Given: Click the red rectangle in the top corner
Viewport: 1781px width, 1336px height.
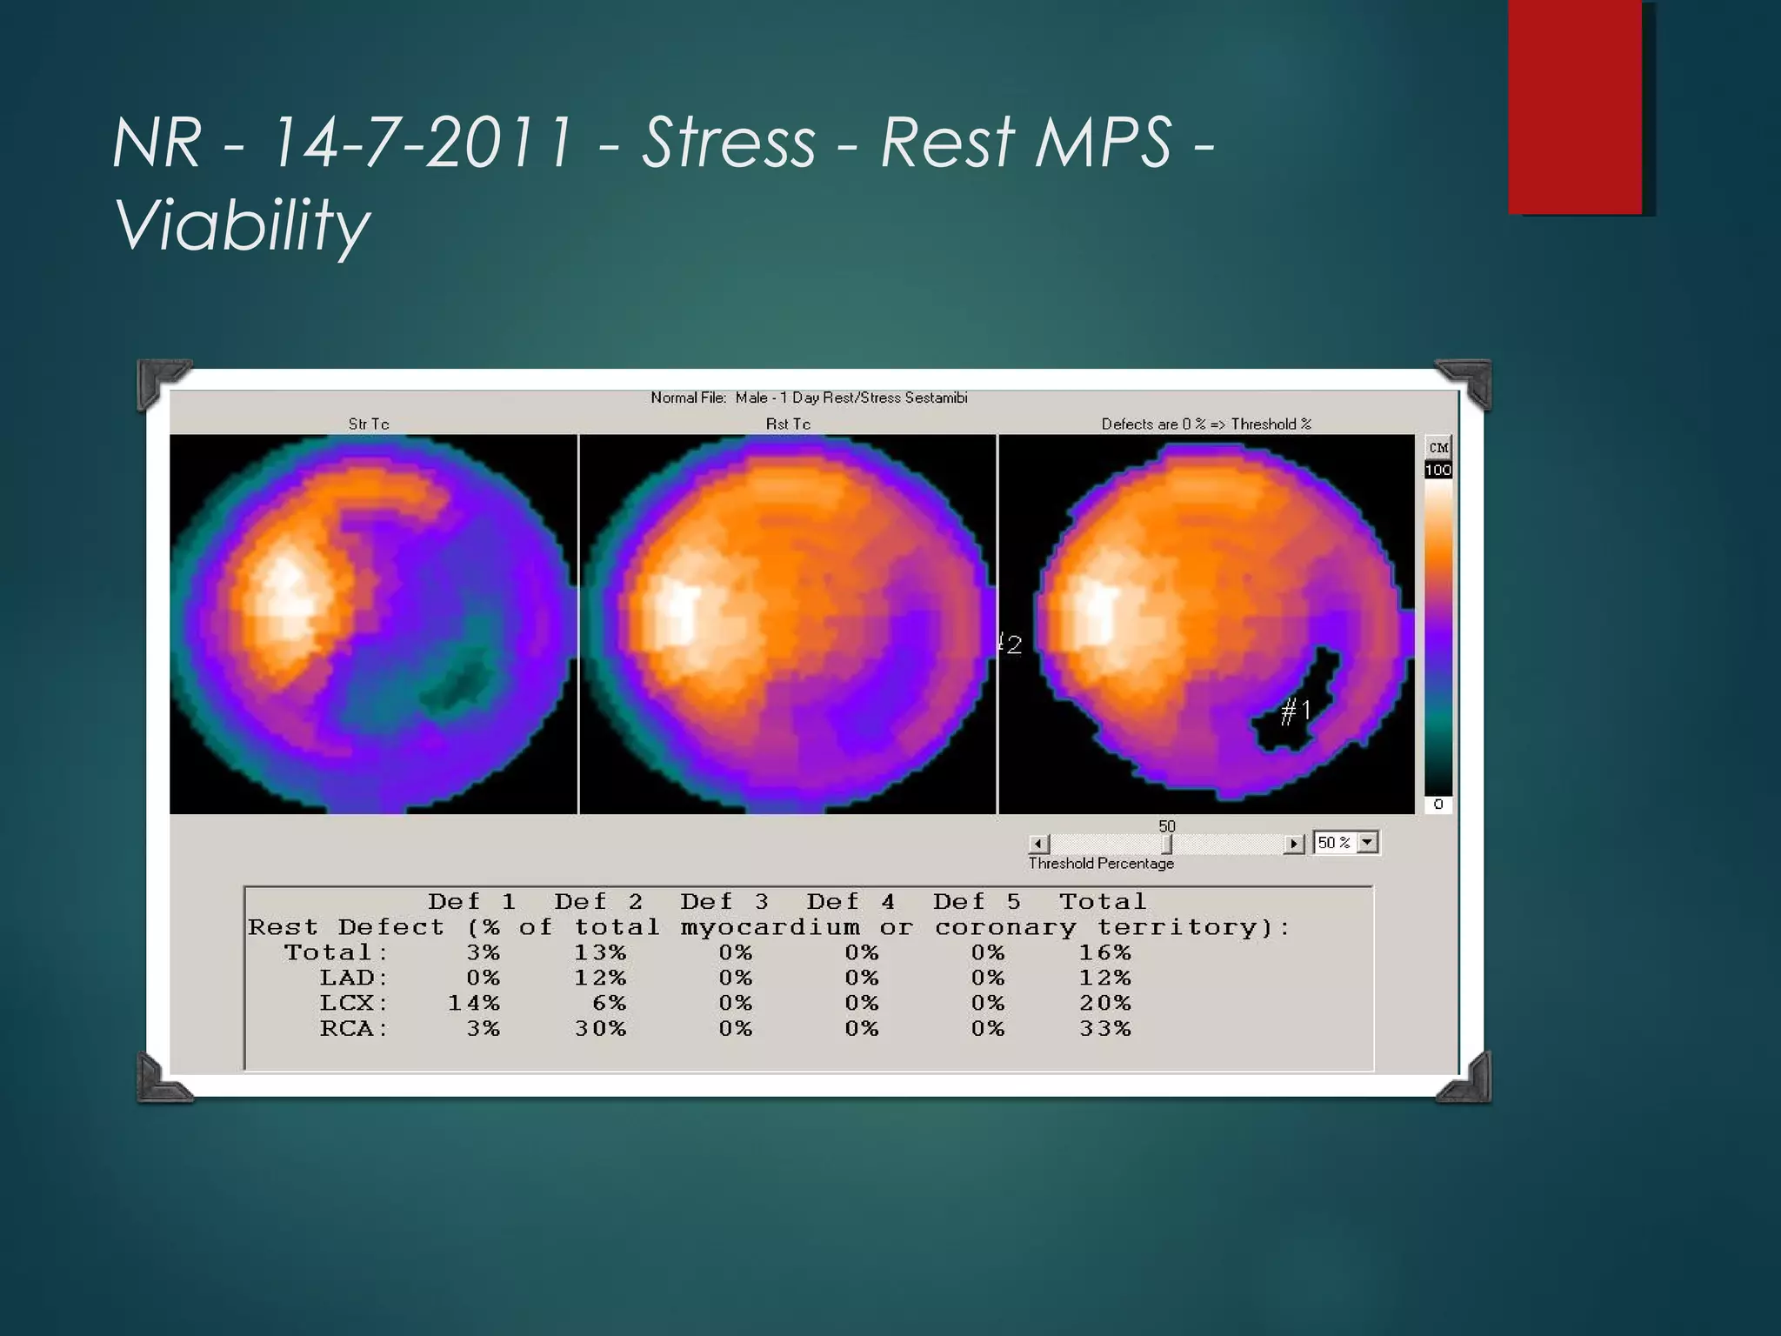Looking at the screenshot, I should (1575, 106).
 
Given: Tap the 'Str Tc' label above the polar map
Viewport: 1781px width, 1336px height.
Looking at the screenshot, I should (368, 424).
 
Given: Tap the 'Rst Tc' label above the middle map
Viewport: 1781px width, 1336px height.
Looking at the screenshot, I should (788, 424).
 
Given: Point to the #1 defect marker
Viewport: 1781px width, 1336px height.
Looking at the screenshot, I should (1296, 711).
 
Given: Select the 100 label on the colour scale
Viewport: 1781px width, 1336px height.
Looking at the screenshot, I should (1437, 471).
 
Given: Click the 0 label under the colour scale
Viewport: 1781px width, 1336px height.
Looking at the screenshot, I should (1437, 805).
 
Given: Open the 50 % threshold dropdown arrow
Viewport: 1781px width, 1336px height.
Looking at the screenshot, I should (1368, 842).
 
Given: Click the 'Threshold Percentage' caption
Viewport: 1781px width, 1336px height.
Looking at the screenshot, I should (1101, 864).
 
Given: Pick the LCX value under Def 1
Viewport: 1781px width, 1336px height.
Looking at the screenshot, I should (474, 1004).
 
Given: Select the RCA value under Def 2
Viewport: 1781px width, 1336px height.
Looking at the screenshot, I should (600, 1029).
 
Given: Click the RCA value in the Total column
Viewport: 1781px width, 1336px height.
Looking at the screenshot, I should (1105, 1029).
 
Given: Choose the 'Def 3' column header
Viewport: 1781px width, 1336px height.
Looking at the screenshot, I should (724, 902).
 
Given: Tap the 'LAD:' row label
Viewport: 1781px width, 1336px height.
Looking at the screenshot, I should (353, 979).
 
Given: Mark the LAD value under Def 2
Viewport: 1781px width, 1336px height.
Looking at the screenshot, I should (600, 979).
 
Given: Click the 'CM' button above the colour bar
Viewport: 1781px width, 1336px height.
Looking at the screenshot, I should (1438, 447).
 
